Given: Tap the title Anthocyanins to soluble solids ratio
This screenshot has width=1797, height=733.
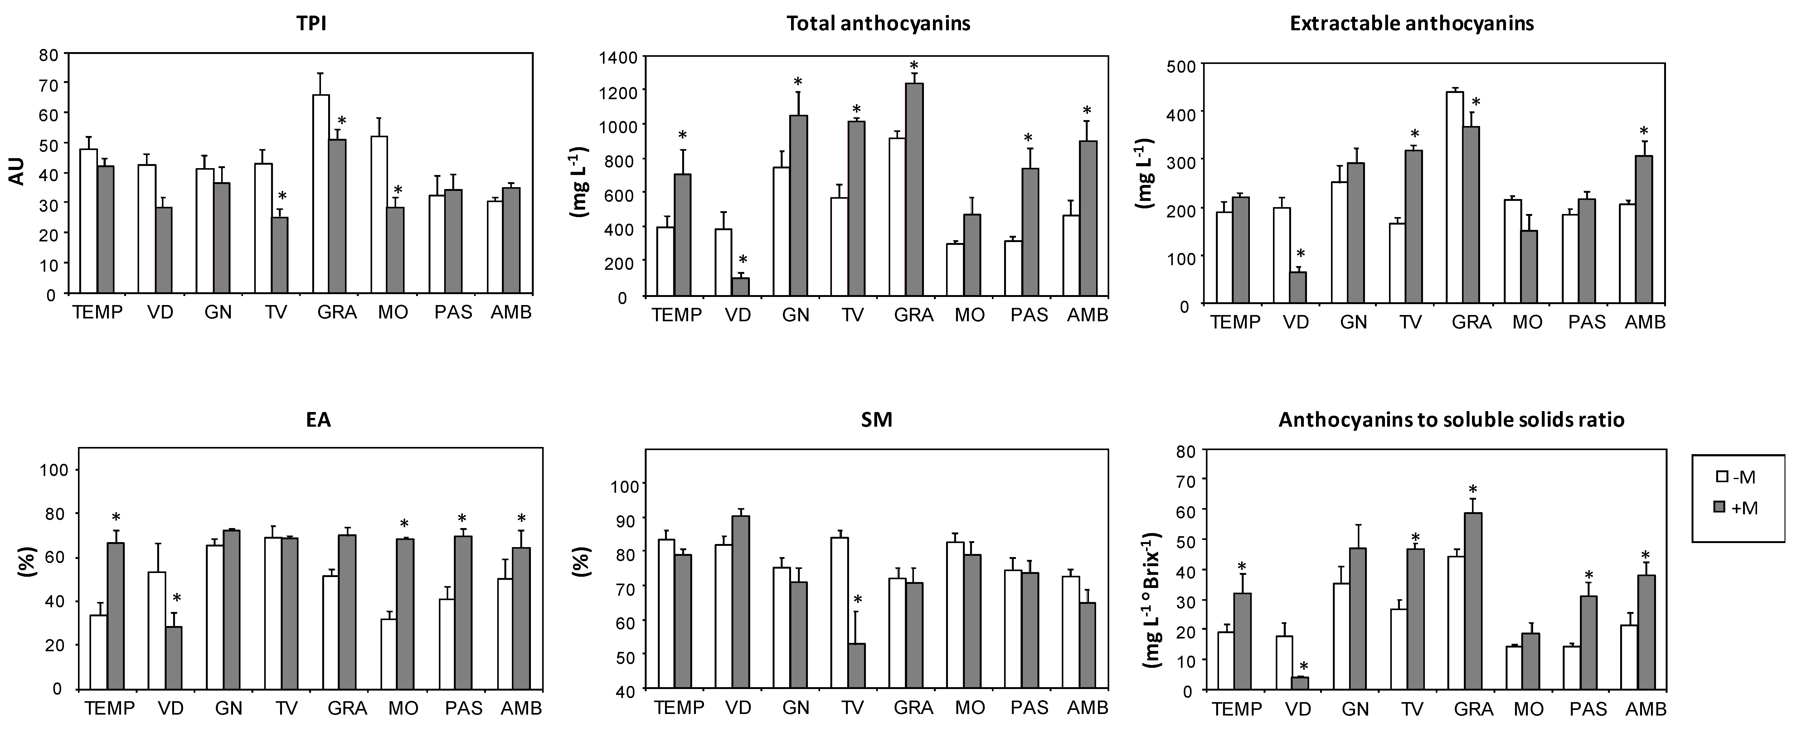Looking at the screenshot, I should [x=1451, y=420].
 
